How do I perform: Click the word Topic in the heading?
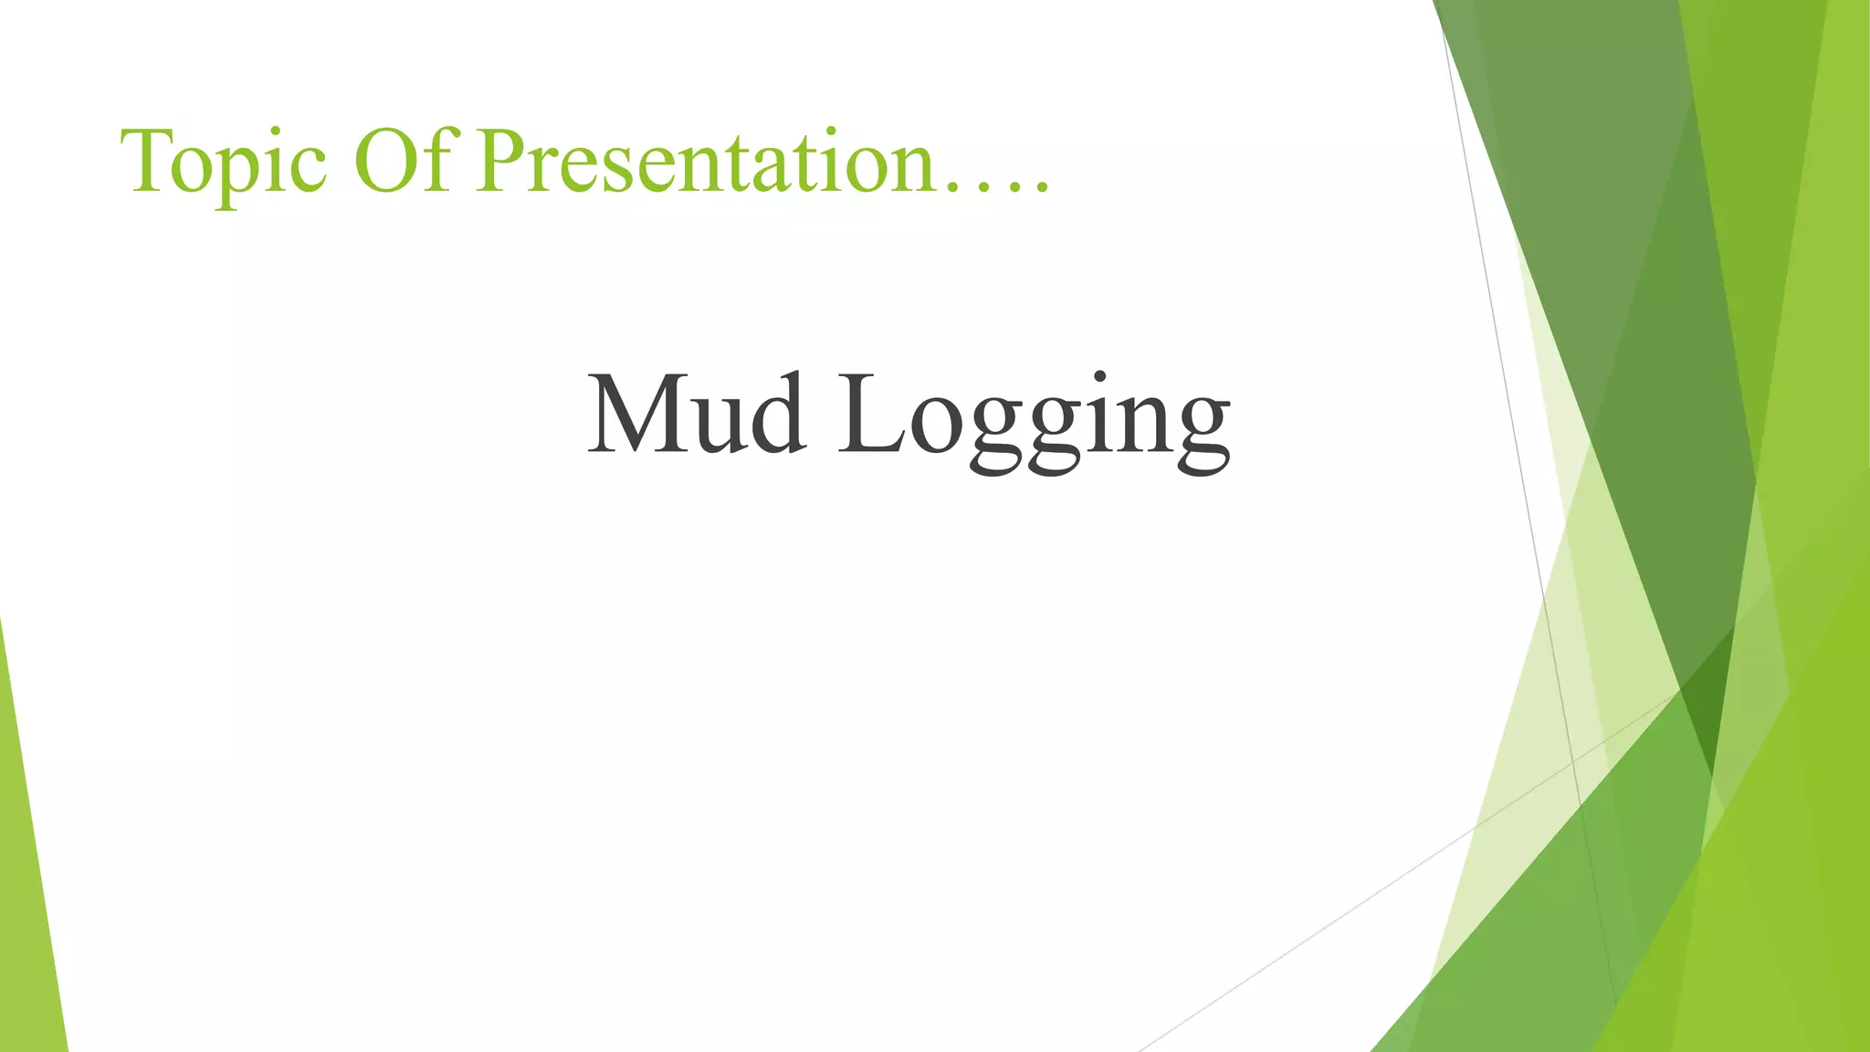tap(223, 163)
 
